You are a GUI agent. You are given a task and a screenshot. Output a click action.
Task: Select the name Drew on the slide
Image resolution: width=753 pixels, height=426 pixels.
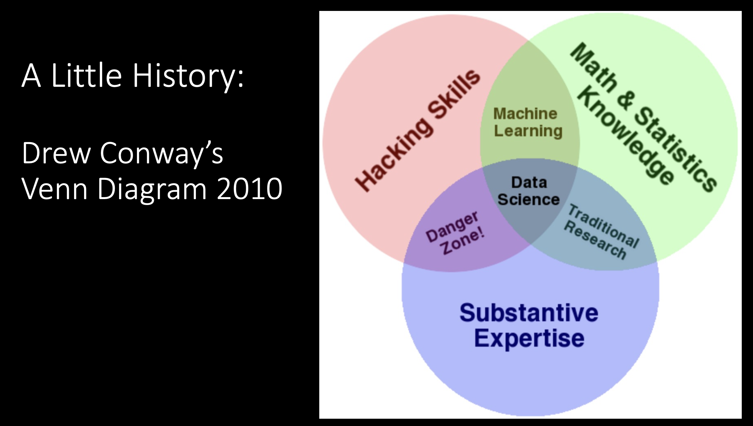click(56, 153)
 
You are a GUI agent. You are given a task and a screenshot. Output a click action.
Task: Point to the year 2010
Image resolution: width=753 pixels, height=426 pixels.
click(249, 188)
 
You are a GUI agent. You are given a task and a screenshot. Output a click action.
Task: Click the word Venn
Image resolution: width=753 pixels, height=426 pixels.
click(55, 188)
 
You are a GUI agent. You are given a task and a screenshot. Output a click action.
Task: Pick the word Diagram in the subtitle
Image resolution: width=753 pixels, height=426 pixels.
click(152, 189)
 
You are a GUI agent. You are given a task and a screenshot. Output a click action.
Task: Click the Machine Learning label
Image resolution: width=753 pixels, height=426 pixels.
click(527, 122)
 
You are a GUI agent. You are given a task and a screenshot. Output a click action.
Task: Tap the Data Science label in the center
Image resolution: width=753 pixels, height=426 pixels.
click(529, 191)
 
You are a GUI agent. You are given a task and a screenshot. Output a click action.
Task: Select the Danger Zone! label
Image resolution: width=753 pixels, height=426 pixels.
click(455, 233)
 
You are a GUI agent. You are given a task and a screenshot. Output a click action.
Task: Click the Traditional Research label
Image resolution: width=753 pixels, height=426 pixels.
click(601, 232)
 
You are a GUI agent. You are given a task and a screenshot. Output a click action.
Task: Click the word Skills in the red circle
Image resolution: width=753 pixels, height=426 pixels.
click(454, 94)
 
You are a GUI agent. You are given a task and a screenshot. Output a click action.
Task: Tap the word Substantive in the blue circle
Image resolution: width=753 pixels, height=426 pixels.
click(529, 313)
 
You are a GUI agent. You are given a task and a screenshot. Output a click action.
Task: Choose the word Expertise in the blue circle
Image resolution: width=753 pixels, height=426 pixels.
click(529, 339)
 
